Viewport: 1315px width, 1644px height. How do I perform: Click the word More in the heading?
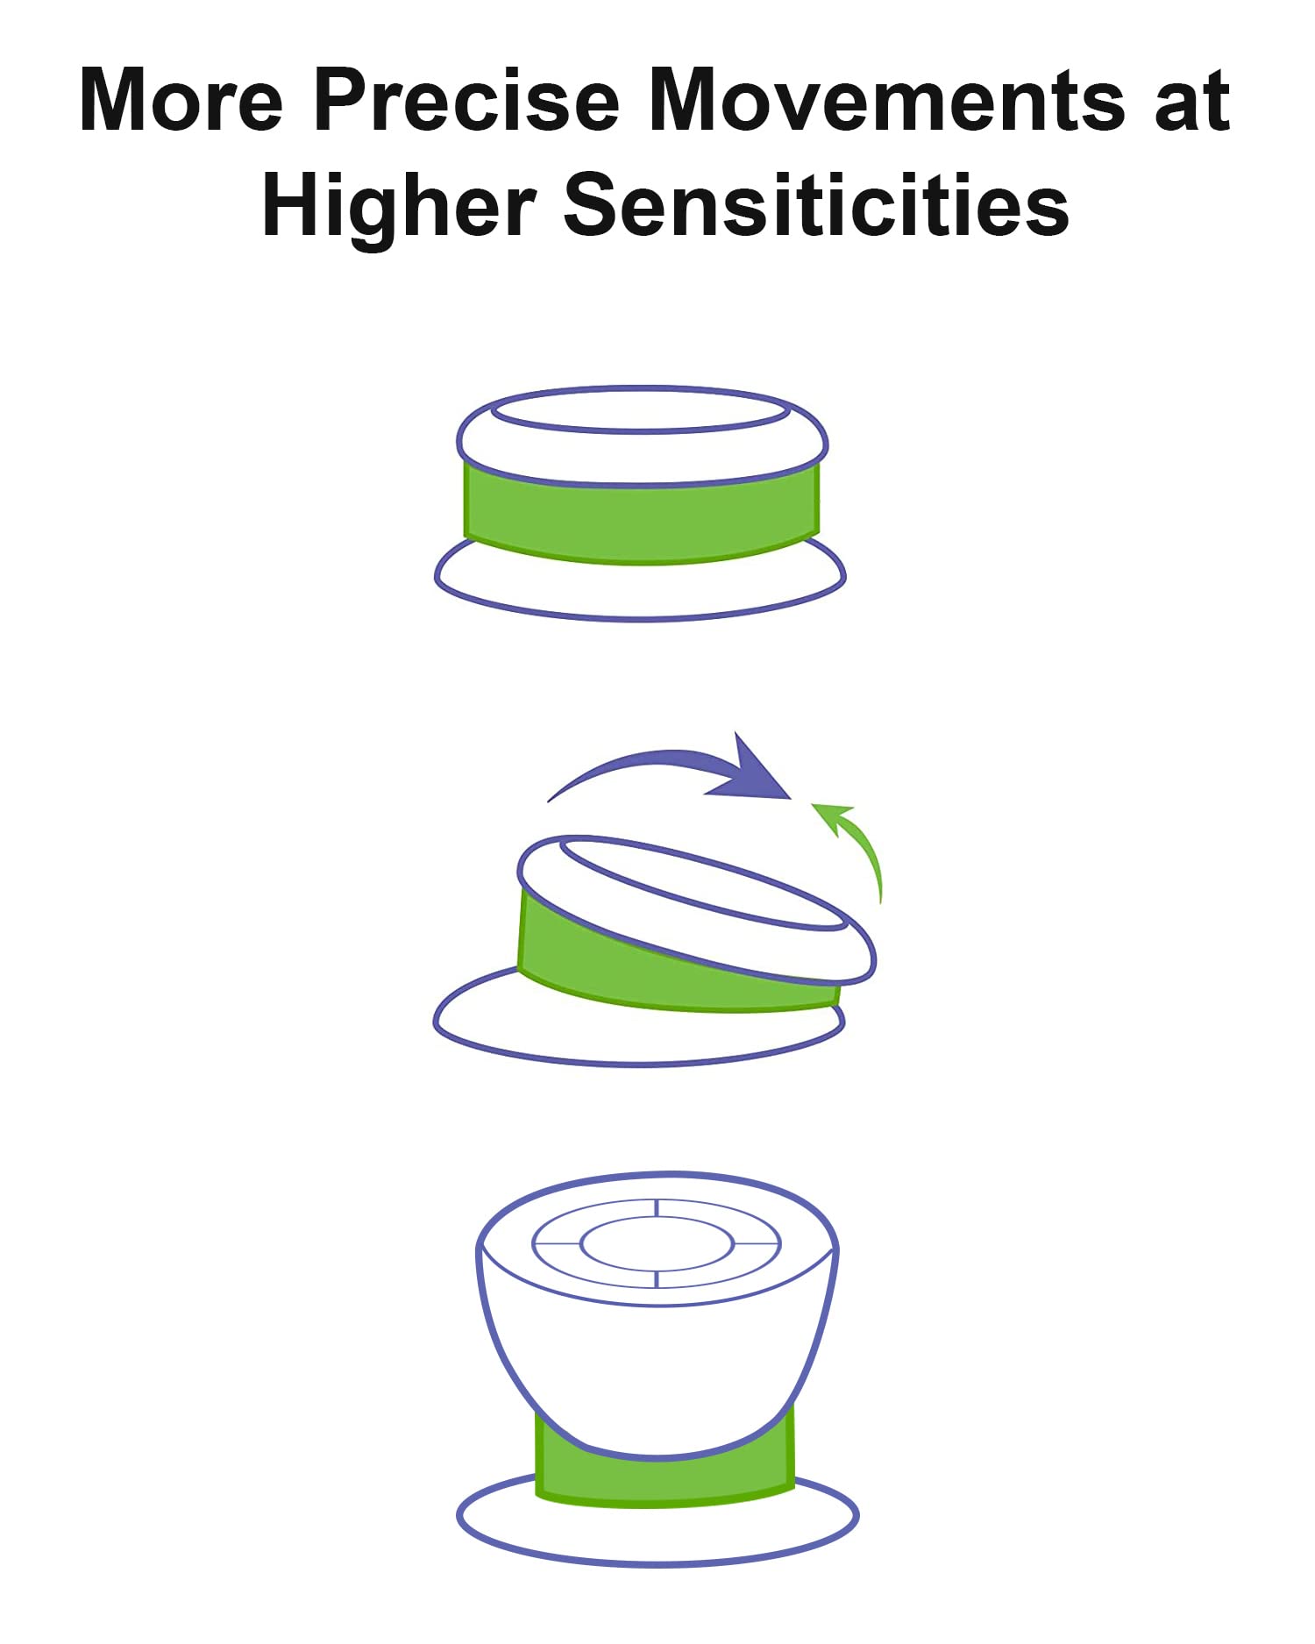(x=181, y=100)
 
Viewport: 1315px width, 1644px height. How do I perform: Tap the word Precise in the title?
(x=466, y=100)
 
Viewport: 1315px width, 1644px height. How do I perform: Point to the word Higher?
(x=399, y=207)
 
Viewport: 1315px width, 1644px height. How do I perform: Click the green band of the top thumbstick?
(x=642, y=517)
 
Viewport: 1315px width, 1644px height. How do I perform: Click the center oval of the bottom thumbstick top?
(x=657, y=1244)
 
